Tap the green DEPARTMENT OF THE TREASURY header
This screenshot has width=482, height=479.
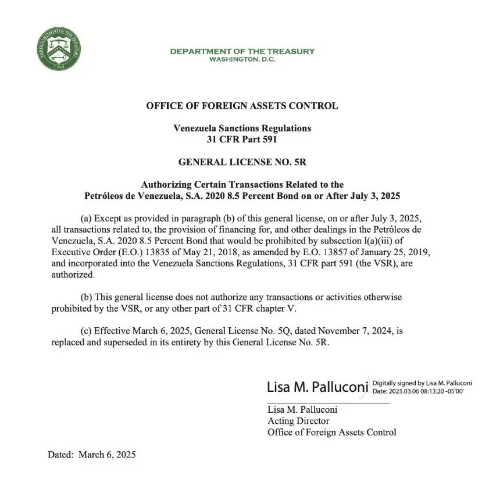coord(242,51)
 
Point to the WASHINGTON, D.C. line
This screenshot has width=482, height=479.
coord(242,60)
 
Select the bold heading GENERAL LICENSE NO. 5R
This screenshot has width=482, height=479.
coord(242,162)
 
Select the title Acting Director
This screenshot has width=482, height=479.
coord(298,421)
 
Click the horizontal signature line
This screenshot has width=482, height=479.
coord(328,402)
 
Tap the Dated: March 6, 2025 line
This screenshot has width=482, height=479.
coord(91,454)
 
